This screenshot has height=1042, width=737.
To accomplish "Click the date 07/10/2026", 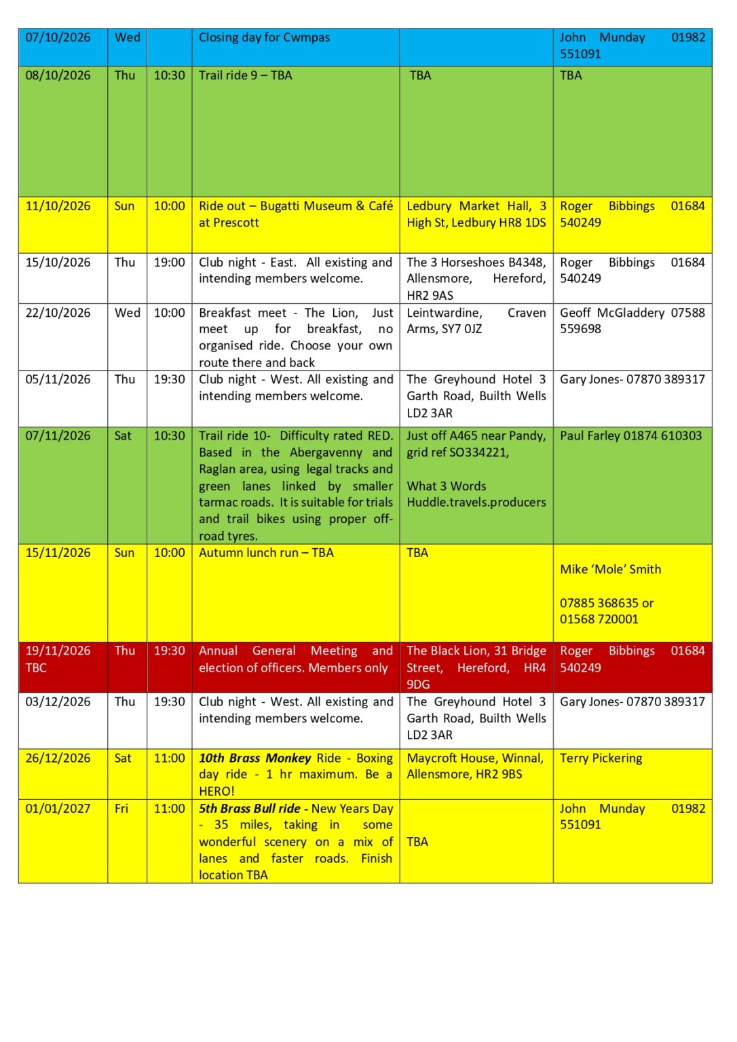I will [x=58, y=38].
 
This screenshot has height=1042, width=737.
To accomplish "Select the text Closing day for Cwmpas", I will [x=264, y=38].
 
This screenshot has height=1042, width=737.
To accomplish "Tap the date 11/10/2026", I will [x=58, y=206].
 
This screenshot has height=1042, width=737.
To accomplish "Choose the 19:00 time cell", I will [x=169, y=263].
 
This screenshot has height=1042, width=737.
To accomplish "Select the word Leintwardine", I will [x=445, y=313].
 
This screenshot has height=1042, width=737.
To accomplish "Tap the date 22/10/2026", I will [x=58, y=313].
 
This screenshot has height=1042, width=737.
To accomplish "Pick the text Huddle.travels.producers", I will [x=476, y=503].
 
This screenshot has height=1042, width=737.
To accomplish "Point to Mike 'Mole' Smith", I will [x=610, y=570].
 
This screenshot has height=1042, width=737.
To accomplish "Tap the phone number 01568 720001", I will [x=599, y=619].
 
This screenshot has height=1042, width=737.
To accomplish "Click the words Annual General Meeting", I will [x=278, y=651].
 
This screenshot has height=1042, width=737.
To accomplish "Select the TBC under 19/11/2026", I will [x=36, y=668].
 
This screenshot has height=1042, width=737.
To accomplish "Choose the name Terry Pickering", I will [x=601, y=758].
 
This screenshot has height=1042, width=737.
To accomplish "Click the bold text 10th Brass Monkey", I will [x=254, y=758].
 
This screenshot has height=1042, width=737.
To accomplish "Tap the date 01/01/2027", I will [x=58, y=809].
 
